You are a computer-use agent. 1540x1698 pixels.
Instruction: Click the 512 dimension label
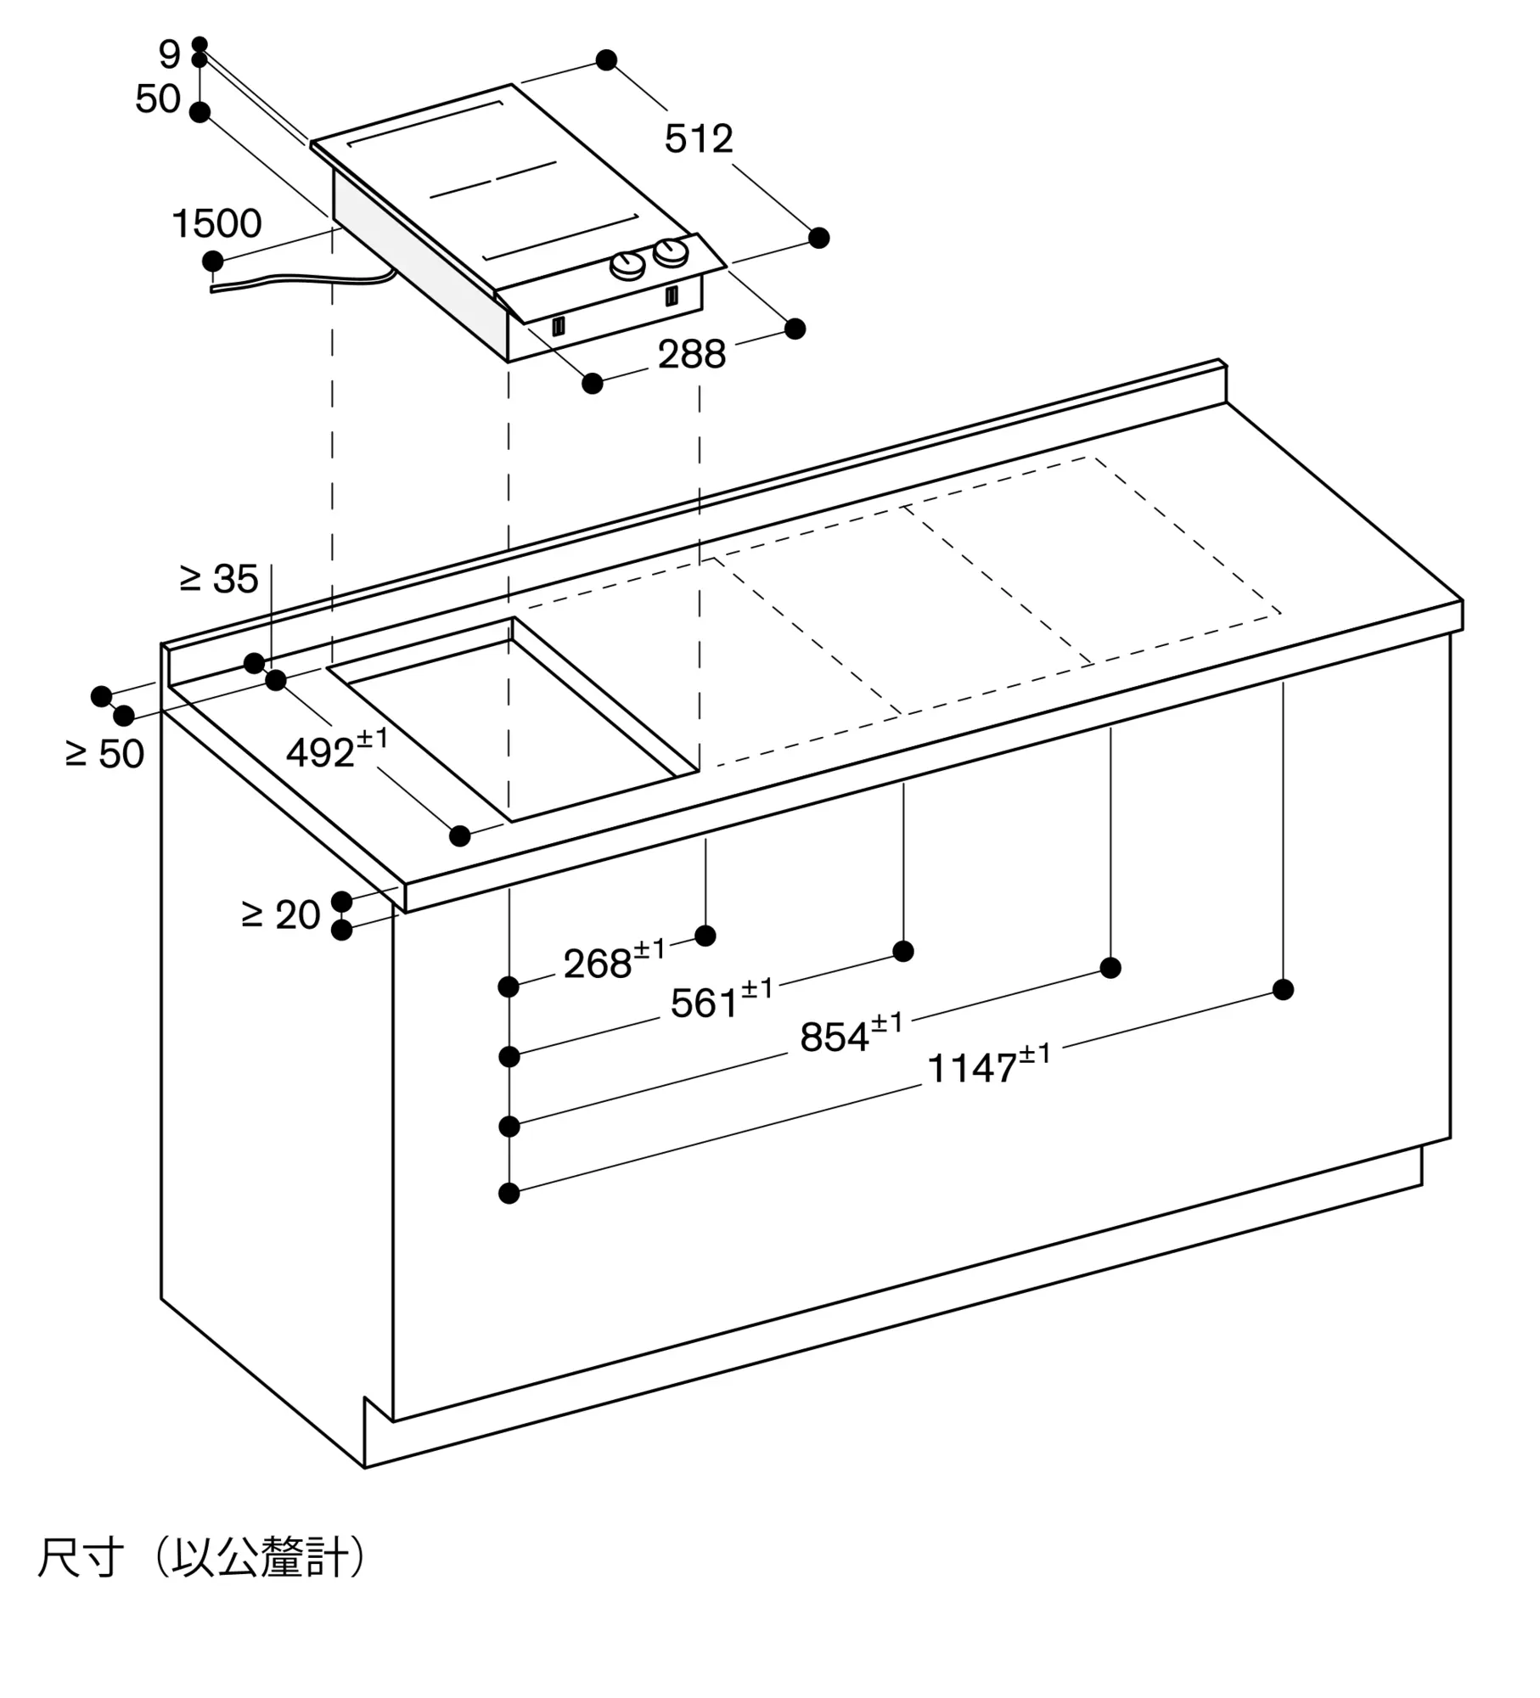point(698,138)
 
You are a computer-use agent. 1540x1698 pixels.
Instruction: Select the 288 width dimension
point(691,354)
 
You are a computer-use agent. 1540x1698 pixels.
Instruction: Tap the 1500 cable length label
point(216,223)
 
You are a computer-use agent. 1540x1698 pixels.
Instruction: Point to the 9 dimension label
point(169,55)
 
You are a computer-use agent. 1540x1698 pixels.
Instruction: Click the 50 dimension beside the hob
point(158,99)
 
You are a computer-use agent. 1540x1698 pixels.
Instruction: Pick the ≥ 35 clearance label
point(219,579)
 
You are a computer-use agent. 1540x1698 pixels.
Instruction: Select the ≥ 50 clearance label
point(105,754)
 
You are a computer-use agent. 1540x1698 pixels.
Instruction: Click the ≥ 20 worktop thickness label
point(281,915)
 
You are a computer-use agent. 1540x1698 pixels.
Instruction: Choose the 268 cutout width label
point(614,962)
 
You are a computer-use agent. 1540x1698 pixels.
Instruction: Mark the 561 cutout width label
point(721,1001)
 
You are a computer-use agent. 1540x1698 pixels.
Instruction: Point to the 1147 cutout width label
point(988,1066)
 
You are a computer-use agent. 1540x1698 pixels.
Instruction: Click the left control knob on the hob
point(627,266)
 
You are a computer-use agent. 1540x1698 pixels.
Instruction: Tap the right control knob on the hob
point(671,251)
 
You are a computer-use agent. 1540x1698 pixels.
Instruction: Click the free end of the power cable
point(213,290)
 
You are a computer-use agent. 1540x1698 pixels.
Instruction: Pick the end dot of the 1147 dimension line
point(1283,989)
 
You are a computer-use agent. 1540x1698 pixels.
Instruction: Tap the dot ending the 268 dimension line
point(705,936)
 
